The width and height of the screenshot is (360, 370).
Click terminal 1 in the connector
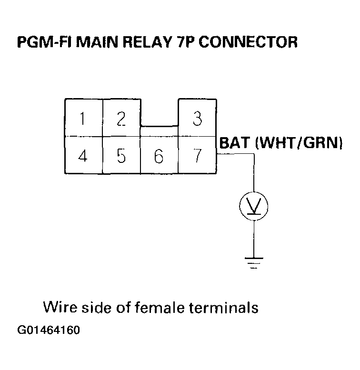83,118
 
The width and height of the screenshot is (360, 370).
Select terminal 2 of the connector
121,118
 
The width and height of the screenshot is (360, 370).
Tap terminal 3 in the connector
197,118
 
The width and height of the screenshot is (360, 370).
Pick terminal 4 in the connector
83,156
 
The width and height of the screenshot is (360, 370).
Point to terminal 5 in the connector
121,156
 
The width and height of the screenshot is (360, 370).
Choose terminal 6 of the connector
159,156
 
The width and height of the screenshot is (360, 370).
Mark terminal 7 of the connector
197,156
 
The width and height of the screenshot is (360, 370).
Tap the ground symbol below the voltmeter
253,262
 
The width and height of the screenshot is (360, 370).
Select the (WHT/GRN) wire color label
299,143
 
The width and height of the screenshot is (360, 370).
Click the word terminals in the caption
224,307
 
